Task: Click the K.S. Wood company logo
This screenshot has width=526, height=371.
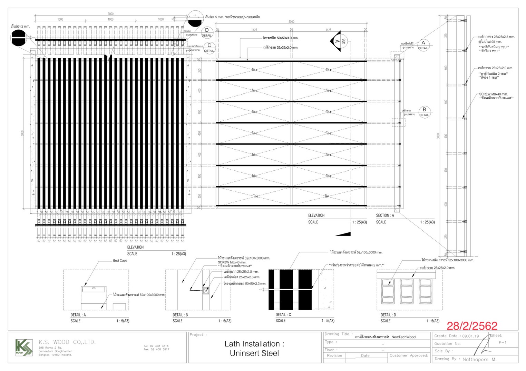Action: pos(23,347)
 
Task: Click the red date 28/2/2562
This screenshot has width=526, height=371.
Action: pos(472,326)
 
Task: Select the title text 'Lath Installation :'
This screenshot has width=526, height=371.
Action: pos(254,344)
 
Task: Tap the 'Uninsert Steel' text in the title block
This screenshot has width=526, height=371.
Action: pos(254,353)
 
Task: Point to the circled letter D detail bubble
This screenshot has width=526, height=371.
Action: pos(207,30)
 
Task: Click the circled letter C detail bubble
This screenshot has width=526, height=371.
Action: pos(209,46)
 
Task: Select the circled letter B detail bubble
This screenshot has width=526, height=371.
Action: pos(424,110)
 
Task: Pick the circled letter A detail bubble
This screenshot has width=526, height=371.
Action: pos(423,43)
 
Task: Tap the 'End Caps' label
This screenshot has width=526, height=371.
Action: pos(120,261)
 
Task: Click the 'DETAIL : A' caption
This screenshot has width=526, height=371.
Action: pos(78,315)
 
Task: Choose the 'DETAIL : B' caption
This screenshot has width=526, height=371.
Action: pos(180,315)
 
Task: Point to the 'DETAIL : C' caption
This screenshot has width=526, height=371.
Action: pos(283,315)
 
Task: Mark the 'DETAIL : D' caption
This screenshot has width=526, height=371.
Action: pos(388,315)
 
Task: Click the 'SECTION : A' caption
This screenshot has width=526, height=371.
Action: pos(385,215)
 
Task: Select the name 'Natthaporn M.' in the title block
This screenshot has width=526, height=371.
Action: pos(479,359)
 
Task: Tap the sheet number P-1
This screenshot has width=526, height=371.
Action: pos(503,342)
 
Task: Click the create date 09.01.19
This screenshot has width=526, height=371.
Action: pos(470,336)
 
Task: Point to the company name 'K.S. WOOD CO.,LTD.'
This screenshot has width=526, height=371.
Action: pos(67,342)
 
